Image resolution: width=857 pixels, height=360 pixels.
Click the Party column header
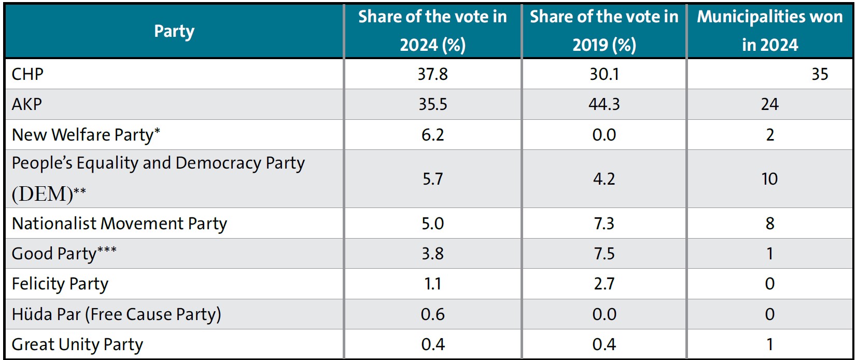[x=174, y=32]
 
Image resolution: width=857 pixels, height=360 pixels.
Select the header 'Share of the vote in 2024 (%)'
[x=432, y=31]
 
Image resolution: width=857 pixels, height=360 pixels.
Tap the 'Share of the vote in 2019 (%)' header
[x=604, y=31]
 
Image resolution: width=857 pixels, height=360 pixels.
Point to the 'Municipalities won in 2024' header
[x=769, y=31]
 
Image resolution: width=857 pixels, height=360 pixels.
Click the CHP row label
[x=27, y=74]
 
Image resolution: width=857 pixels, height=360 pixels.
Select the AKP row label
[x=27, y=104]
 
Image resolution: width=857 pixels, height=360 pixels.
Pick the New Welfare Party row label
[x=86, y=135]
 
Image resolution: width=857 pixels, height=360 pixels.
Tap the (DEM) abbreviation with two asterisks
[x=49, y=194]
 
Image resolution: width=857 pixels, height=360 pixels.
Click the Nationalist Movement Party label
[x=119, y=224]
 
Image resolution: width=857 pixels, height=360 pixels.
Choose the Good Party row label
[x=64, y=254]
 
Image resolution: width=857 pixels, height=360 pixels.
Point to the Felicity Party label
[x=60, y=284]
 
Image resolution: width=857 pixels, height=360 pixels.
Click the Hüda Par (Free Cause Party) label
[x=116, y=314]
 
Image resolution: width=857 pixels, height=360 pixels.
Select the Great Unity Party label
[x=77, y=344]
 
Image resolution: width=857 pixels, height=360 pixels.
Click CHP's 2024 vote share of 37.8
[x=432, y=74]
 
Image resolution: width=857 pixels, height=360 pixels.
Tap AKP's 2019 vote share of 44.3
[x=604, y=104]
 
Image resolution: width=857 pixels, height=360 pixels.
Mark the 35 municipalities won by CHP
[x=819, y=74]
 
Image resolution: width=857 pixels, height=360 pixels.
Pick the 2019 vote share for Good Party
[x=604, y=254]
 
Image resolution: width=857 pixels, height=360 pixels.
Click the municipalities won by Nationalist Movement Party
[x=770, y=224]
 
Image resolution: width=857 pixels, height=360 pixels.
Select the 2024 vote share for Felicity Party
[x=432, y=284]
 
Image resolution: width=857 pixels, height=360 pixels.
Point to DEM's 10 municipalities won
[x=769, y=179]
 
